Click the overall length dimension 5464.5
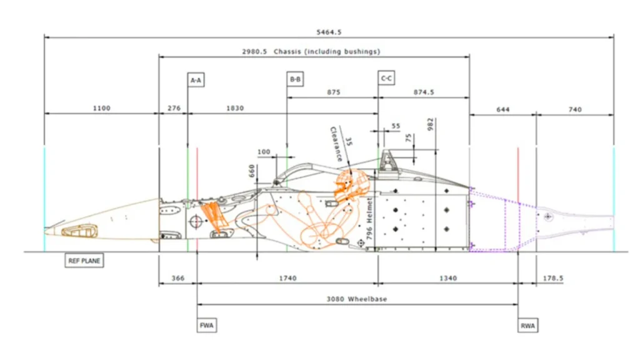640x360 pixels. tap(329, 32)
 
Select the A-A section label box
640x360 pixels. tap(196, 80)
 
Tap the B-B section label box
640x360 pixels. tap(295, 79)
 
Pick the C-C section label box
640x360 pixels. tap(386, 77)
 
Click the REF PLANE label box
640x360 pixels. tap(84, 261)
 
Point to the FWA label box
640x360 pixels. tap(206, 325)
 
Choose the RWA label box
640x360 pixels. tap(527, 326)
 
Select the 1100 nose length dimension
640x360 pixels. tap(102, 108)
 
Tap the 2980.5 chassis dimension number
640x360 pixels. tap(254, 51)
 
